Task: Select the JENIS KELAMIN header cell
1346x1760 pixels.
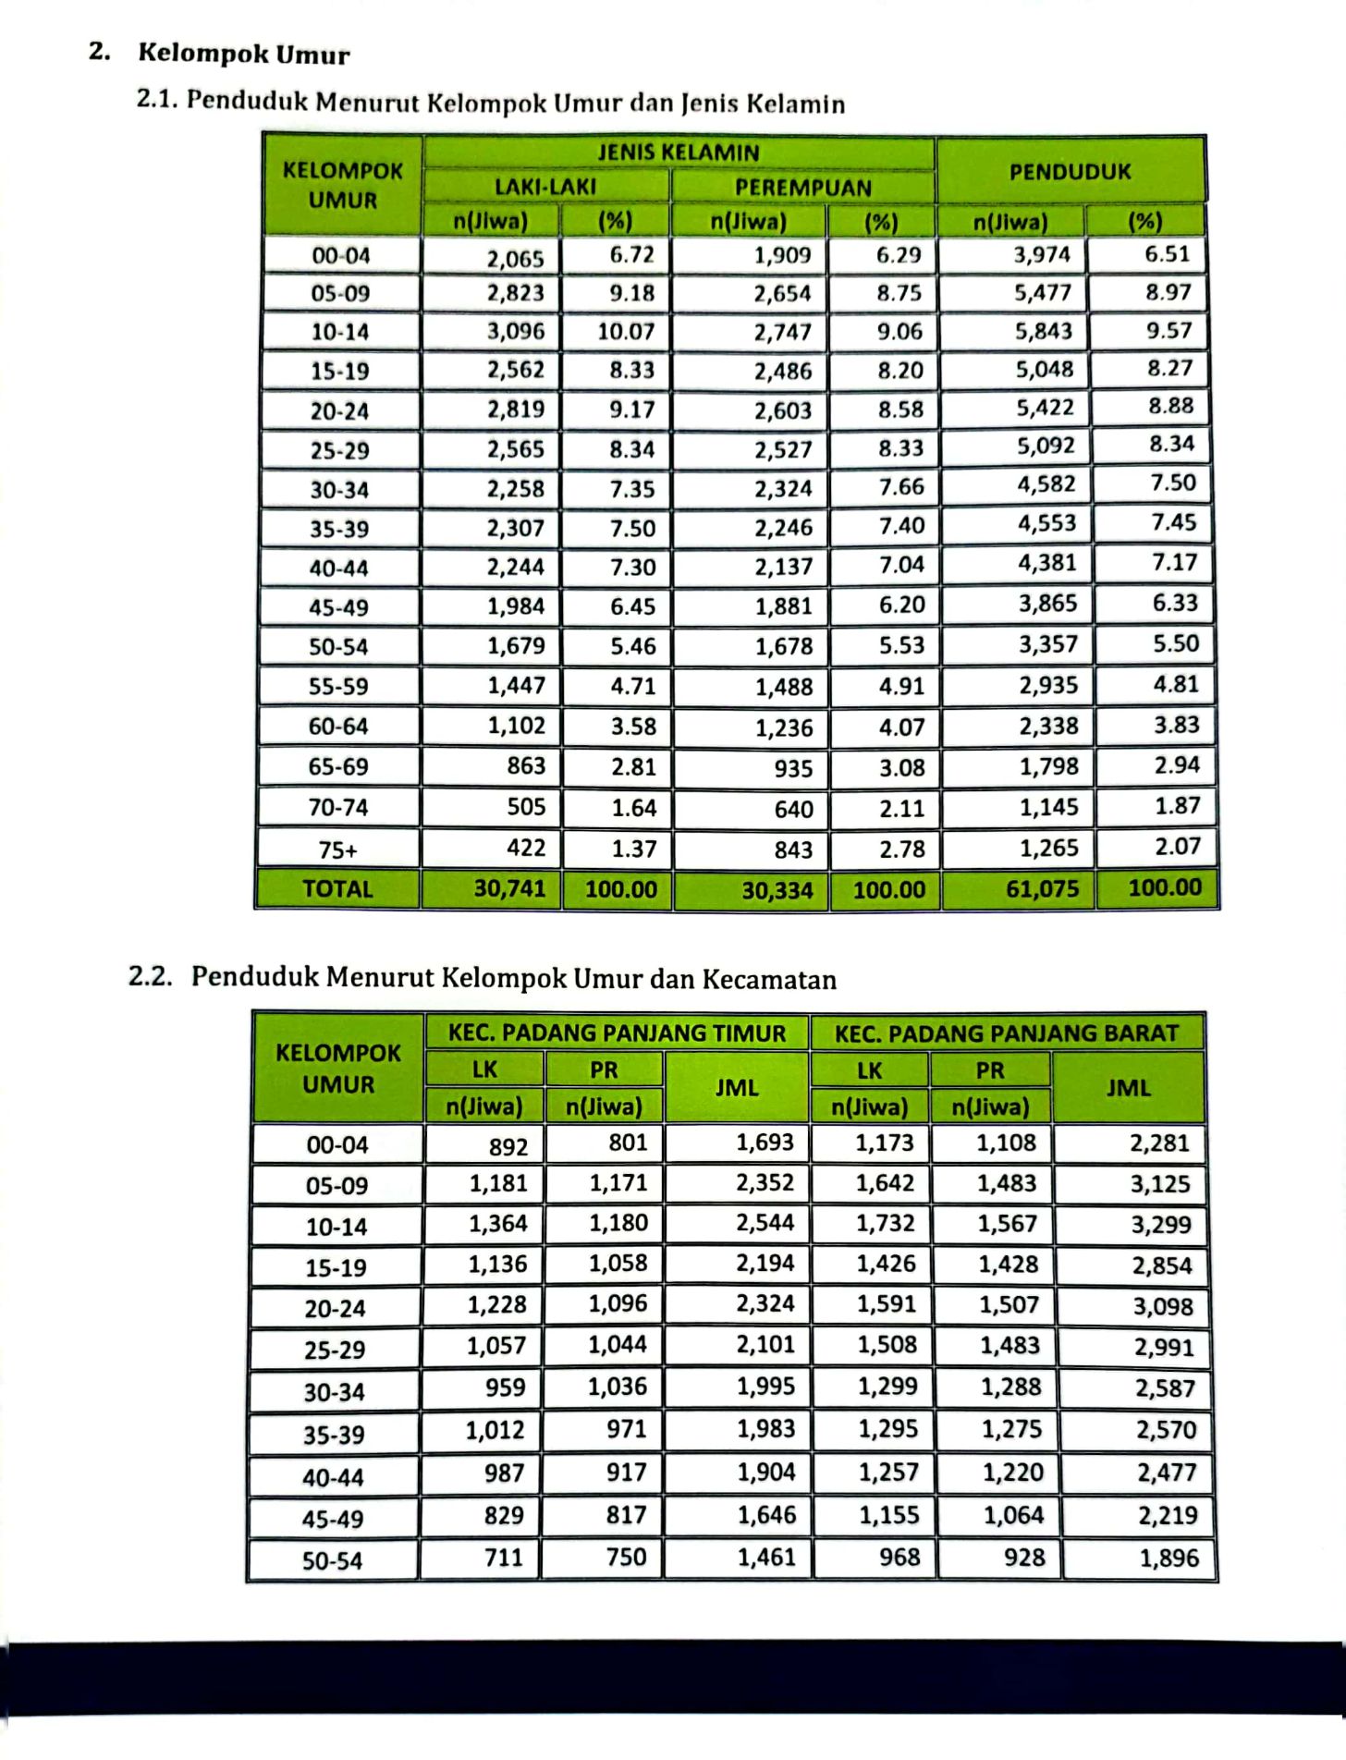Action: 679,153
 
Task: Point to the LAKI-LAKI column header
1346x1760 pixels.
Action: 545,187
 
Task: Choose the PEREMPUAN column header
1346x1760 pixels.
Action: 803,188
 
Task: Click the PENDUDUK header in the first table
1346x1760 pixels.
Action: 1070,172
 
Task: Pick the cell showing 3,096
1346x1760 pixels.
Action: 516,331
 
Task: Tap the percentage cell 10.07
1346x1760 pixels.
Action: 626,331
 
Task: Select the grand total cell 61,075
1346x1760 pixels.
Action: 1042,888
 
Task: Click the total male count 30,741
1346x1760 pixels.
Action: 509,888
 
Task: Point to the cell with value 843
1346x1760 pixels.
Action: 793,849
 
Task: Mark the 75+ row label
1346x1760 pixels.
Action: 337,849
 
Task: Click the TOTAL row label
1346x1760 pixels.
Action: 337,889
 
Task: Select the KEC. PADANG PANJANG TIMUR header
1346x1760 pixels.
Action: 617,1033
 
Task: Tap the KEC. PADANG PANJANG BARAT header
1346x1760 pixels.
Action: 1006,1033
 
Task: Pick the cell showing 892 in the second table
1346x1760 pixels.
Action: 508,1146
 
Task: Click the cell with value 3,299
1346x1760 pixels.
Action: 1161,1225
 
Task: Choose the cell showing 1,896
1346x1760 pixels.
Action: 1169,1558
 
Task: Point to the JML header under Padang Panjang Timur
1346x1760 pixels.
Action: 737,1088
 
